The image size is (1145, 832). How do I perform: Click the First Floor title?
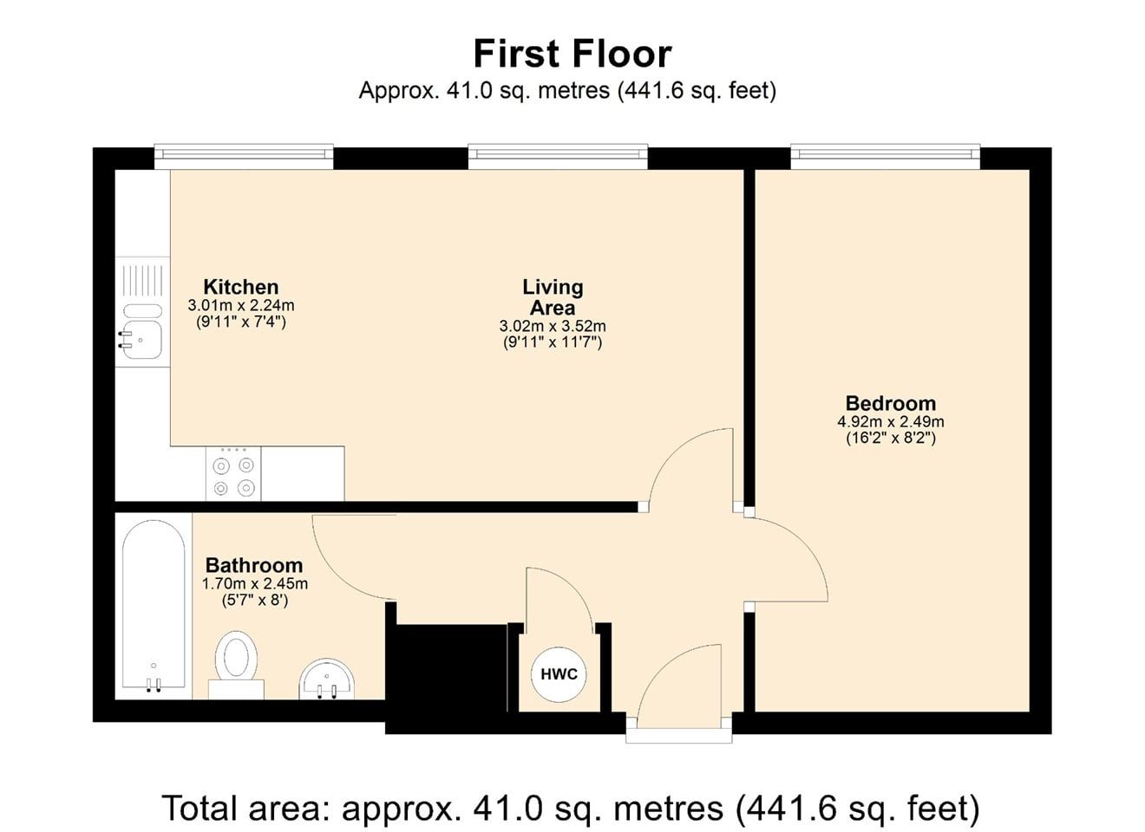coord(572,54)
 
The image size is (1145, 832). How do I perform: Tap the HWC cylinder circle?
coord(559,674)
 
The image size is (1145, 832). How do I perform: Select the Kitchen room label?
coord(241,287)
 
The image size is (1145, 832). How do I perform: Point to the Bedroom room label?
coord(891,403)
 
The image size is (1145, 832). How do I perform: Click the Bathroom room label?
coord(254,565)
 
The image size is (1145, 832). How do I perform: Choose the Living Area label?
coord(553,297)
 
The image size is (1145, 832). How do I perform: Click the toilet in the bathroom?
coord(236,665)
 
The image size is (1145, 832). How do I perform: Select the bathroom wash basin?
coord(327,679)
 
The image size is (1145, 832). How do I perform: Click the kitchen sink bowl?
coord(142,340)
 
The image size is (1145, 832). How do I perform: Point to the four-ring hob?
coord(233,473)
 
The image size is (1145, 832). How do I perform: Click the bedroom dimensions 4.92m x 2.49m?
coord(891,422)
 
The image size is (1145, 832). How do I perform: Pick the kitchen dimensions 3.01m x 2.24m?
coord(241,305)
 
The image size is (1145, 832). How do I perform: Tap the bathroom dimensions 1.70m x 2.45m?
coord(254,584)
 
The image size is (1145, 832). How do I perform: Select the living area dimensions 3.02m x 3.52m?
coord(553,326)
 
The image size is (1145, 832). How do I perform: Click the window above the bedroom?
coord(886,157)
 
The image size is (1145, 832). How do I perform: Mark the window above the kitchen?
coord(244,157)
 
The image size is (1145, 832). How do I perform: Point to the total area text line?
coord(571,809)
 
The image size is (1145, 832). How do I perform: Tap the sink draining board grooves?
coord(142,281)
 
